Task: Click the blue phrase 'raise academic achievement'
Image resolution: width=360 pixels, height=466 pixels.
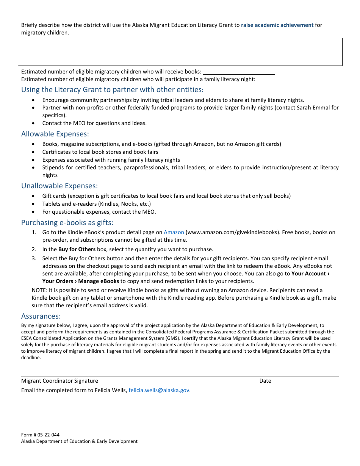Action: (x=277, y=25)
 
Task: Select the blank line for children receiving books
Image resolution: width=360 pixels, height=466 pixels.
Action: (x=239, y=72)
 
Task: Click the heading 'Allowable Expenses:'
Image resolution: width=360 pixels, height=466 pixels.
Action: (x=55, y=134)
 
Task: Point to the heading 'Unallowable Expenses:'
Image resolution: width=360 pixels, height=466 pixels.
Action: (x=59, y=186)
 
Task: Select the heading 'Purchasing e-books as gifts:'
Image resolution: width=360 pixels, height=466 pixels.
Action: (x=67, y=222)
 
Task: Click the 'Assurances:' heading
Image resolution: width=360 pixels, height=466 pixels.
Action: (x=41, y=316)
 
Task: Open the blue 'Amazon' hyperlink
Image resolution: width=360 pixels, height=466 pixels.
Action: (x=174, y=232)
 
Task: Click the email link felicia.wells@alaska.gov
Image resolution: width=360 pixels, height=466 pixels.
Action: (x=159, y=390)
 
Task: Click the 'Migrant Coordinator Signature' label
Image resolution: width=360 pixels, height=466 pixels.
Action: (x=59, y=381)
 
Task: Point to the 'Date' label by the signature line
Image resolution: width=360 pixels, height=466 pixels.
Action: (x=265, y=381)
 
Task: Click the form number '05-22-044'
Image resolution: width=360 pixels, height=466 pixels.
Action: (x=47, y=435)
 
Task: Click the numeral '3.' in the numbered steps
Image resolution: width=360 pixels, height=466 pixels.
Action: (x=34, y=258)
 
